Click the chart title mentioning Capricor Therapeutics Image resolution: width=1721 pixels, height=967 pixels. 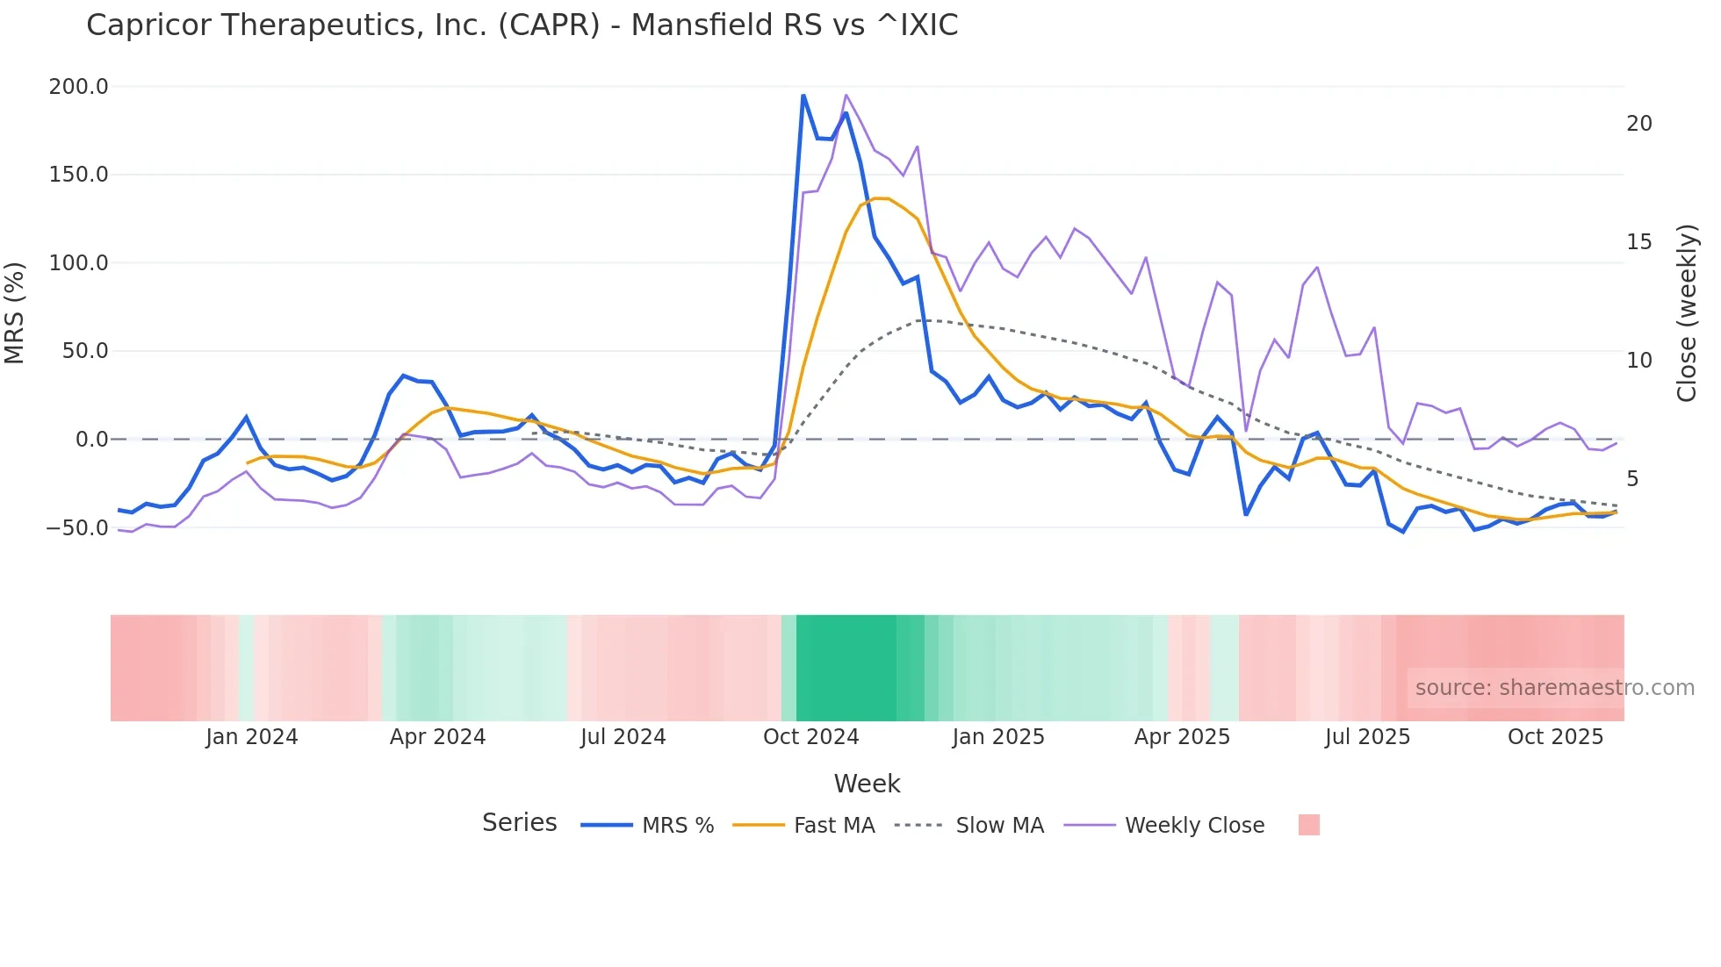tap(522, 25)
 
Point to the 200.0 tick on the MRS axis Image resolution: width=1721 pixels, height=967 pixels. tap(79, 87)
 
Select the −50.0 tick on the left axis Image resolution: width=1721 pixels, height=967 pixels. tap(77, 528)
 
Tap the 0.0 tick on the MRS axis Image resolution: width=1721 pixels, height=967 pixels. tap(91, 440)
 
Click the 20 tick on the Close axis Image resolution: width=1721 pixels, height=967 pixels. tap(1638, 124)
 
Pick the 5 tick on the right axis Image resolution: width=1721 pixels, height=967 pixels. tap(1632, 479)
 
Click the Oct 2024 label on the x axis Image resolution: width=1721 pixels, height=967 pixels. tap(810, 737)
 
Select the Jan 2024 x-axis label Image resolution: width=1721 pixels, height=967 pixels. tap(252, 737)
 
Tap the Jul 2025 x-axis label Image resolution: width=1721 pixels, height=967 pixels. tap(1367, 737)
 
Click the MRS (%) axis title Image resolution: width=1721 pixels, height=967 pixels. tap(15, 313)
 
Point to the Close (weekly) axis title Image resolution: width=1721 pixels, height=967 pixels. tap(1687, 313)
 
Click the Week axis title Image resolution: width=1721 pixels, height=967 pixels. tap(867, 784)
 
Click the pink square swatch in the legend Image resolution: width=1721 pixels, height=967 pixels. tap(1308, 825)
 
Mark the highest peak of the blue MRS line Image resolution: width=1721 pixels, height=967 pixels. tap(803, 96)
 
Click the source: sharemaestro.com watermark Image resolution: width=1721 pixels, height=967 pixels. tap(1554, 688)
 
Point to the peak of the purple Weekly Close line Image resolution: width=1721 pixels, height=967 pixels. tap(846, 95)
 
